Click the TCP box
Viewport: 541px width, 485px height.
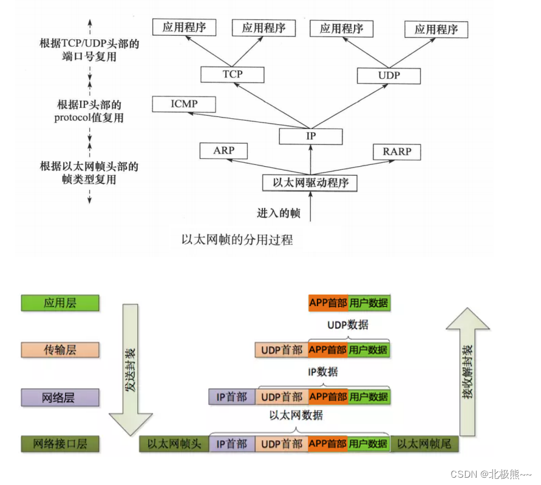pos(233,75)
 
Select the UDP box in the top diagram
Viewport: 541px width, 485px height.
pos(389,76)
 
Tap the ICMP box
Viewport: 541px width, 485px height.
pos(184,104)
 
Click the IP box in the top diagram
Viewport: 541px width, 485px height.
pos(311,136)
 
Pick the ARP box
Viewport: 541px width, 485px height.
pos(224,150)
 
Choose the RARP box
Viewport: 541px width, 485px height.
pos(396,151)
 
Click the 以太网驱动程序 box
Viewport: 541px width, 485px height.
pos(310,182)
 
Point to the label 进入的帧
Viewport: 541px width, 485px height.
pos(279,213)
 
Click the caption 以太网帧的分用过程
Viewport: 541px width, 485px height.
pos(237,240)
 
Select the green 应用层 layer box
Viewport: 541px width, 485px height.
pos(60,303)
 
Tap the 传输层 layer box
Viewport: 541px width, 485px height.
pos(60,350)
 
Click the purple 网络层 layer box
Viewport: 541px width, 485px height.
pos(60,398)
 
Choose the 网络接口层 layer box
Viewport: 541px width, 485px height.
pos(60,444)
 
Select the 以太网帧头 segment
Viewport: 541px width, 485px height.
pos(174,444)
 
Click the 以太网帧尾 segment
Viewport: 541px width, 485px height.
pos(424,444)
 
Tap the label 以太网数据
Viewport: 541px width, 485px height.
pos(296,416)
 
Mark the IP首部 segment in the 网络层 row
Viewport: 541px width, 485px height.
pos(232,397)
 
